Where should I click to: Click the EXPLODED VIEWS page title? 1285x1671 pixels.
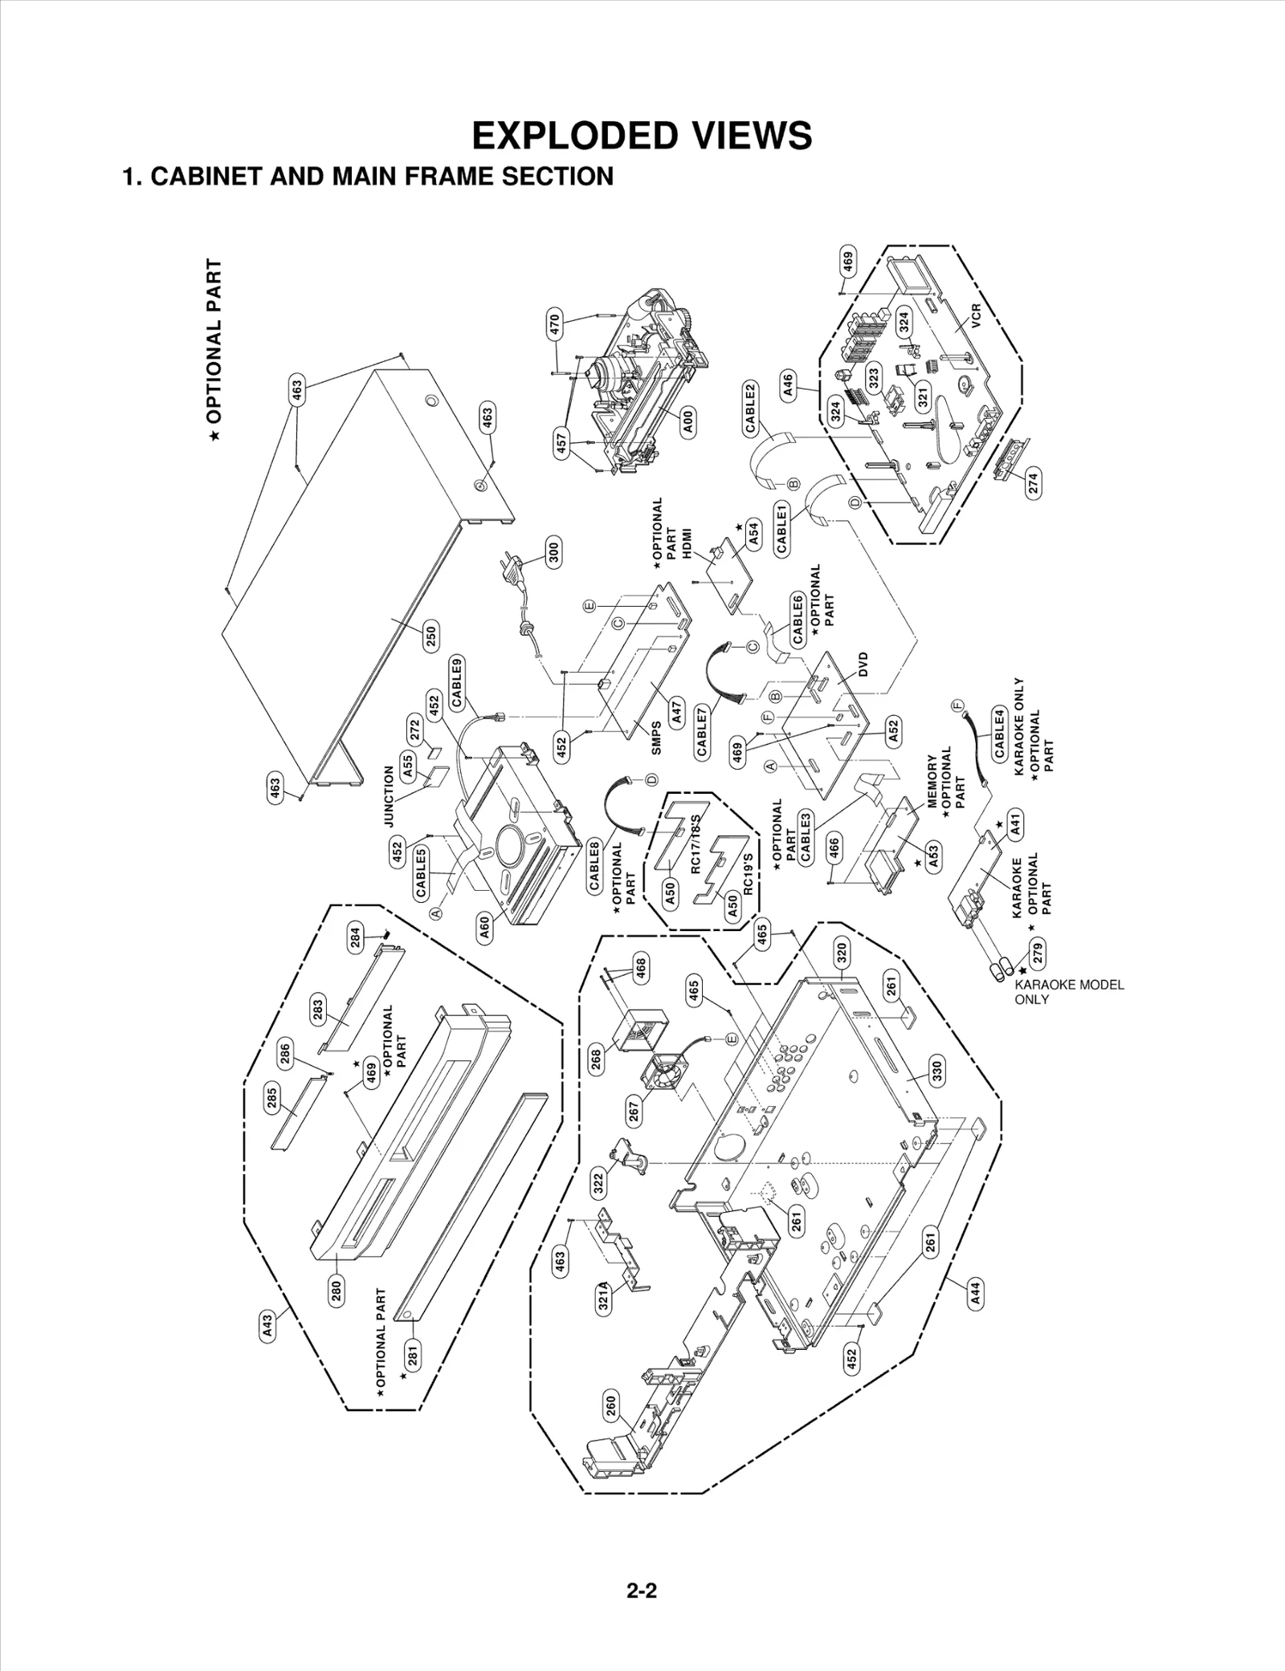(x=642, y=136)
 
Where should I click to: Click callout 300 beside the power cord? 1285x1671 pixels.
(x=553, y=553)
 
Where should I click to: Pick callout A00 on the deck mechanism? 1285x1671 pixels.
(x=688, y=421)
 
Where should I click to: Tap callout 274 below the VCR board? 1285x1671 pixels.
(x=1034, y=482)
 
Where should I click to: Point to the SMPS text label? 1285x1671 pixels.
(x=656, y=738)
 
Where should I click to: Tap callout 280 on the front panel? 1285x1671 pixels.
(x=337, y=1290)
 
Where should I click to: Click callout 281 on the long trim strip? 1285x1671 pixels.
(x=413, y=1356)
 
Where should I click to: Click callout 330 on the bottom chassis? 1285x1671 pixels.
(x=936, y=1071)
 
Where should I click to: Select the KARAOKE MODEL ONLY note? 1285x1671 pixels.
(x=1068, y=992)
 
